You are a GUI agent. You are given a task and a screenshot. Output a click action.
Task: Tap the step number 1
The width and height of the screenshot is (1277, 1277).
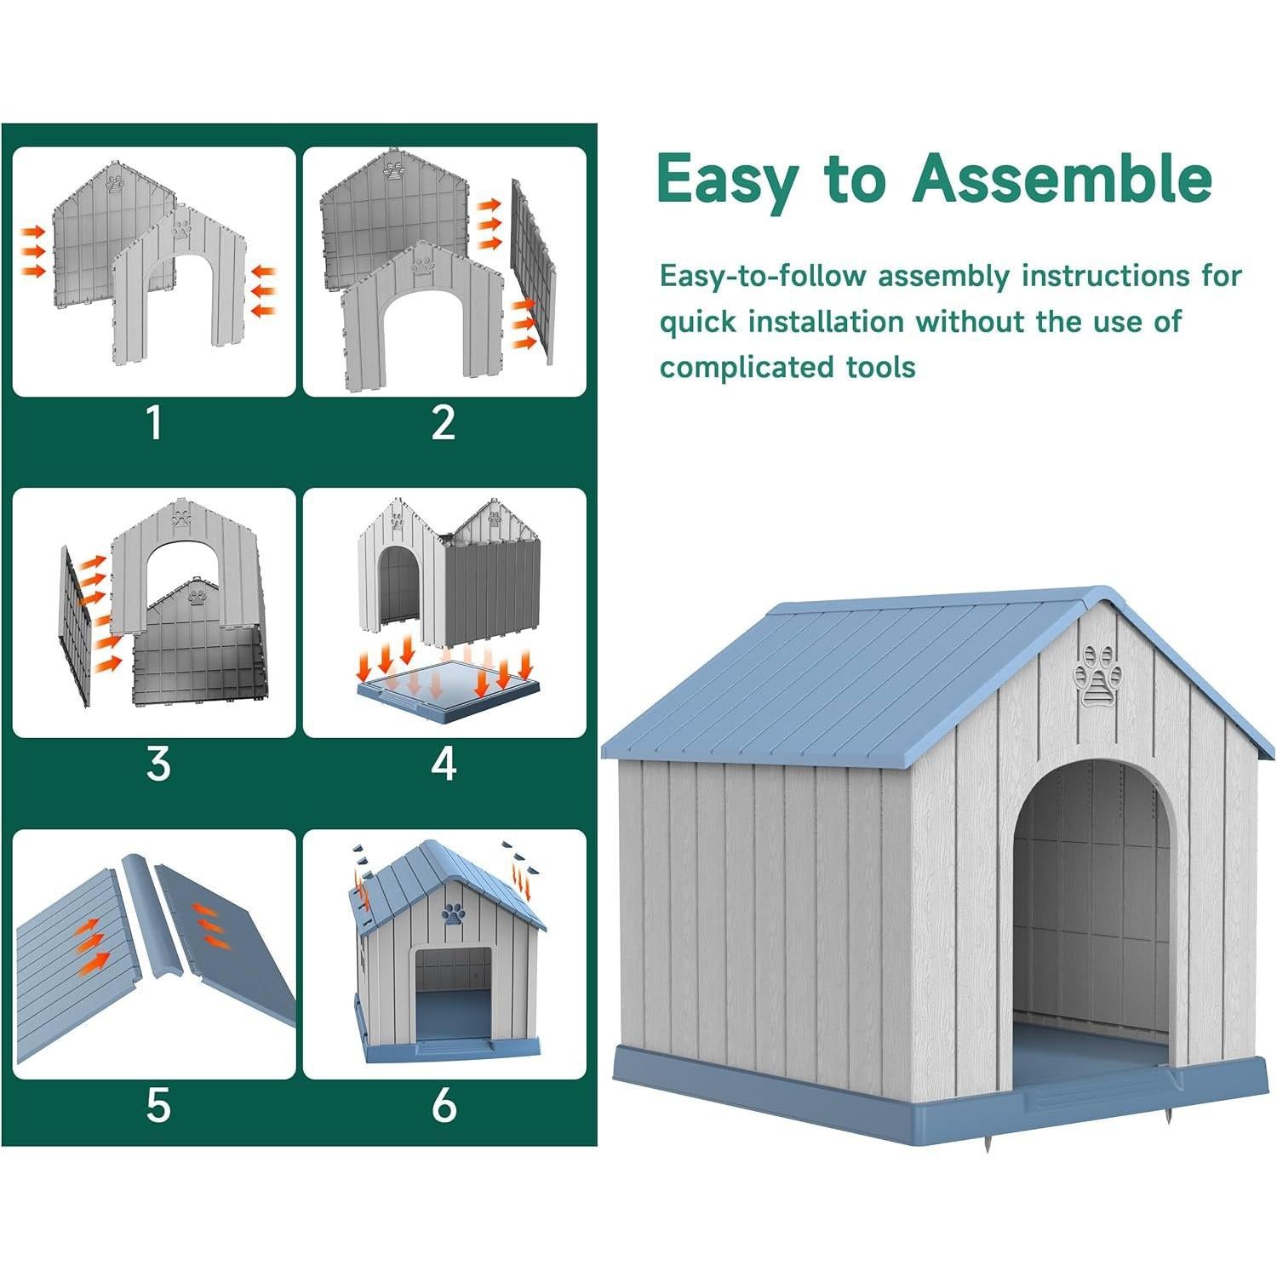click(x=154, y=423)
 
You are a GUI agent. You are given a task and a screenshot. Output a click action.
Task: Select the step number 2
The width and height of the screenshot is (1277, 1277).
click(x=444, y=423)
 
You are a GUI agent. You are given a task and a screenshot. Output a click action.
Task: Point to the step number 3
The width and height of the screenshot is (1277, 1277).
click(x=158, y=764)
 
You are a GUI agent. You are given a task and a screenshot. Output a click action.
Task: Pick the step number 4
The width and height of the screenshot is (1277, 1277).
click(x=444, y=764)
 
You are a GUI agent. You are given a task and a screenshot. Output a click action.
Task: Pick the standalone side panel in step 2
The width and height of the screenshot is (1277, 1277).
click(x=532, y=271)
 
